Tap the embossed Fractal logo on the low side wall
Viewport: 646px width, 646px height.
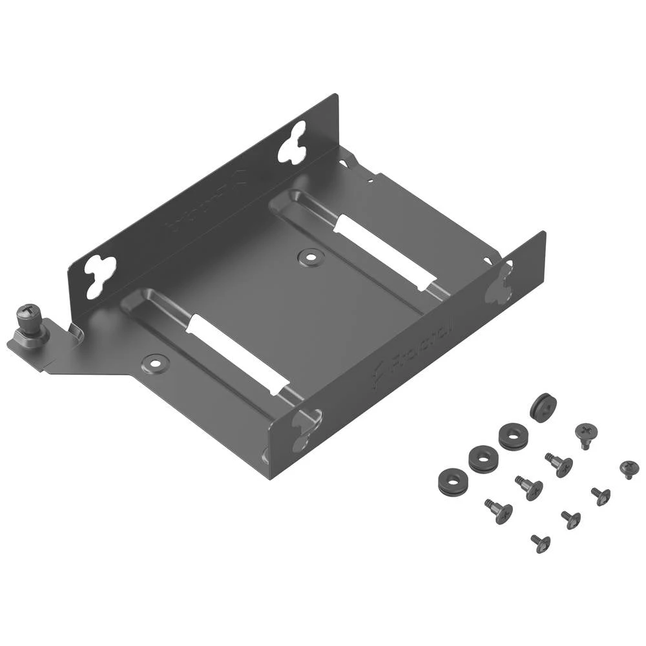click(x=413, y=349)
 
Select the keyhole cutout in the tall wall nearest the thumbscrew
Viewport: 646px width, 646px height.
click(x=101, y=275)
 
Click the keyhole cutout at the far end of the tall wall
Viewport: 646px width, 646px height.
click(x=291, y=141)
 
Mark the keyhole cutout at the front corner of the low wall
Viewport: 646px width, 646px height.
click(x=304, y=430)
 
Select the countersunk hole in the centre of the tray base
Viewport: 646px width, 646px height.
click(x=310, y=257)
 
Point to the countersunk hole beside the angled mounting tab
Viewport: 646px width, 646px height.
click(x=155, y=362)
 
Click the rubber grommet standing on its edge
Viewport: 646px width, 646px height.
click(x=543, y=408)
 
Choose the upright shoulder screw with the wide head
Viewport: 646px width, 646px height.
click(x=585, y=435)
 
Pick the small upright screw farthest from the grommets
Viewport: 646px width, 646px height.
click(x=629, y=468)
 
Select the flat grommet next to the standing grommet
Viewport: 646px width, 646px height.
click(x=513, y=435)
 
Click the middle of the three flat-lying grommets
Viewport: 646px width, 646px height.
click(x=483, y=458)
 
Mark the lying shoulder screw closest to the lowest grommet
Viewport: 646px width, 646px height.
click(x=499, y=510)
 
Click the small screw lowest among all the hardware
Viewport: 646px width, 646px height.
click(x=541, y=543)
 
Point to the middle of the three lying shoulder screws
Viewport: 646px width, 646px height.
click(x=529, y=488)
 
